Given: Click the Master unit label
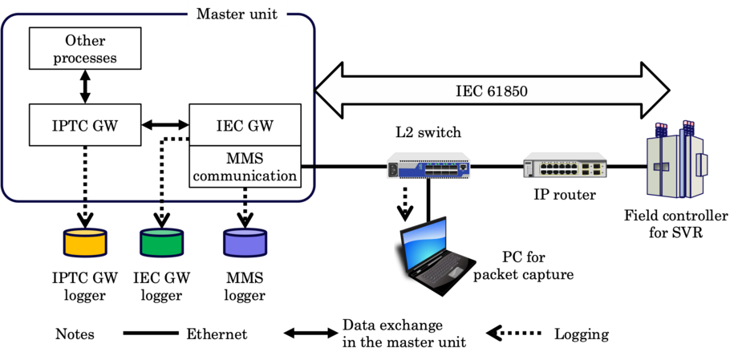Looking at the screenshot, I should coord(237,14).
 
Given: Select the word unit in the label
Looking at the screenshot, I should coord(262,14).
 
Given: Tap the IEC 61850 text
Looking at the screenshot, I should coord(492,91).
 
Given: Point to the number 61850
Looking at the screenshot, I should coord(507,91).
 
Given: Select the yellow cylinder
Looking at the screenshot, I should coord(85,243).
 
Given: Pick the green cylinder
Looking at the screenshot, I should coord(161,243).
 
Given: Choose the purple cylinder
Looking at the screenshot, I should coord(245,243).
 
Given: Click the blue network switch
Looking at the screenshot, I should coord(428,166).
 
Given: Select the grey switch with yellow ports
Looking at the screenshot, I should coord(565,164).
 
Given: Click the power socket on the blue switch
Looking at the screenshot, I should coord(394,170).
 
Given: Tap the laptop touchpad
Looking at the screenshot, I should coord(455,273).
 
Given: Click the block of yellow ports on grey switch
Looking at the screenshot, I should coord(557,169).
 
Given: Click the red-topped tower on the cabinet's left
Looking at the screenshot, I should coord(662,130).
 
